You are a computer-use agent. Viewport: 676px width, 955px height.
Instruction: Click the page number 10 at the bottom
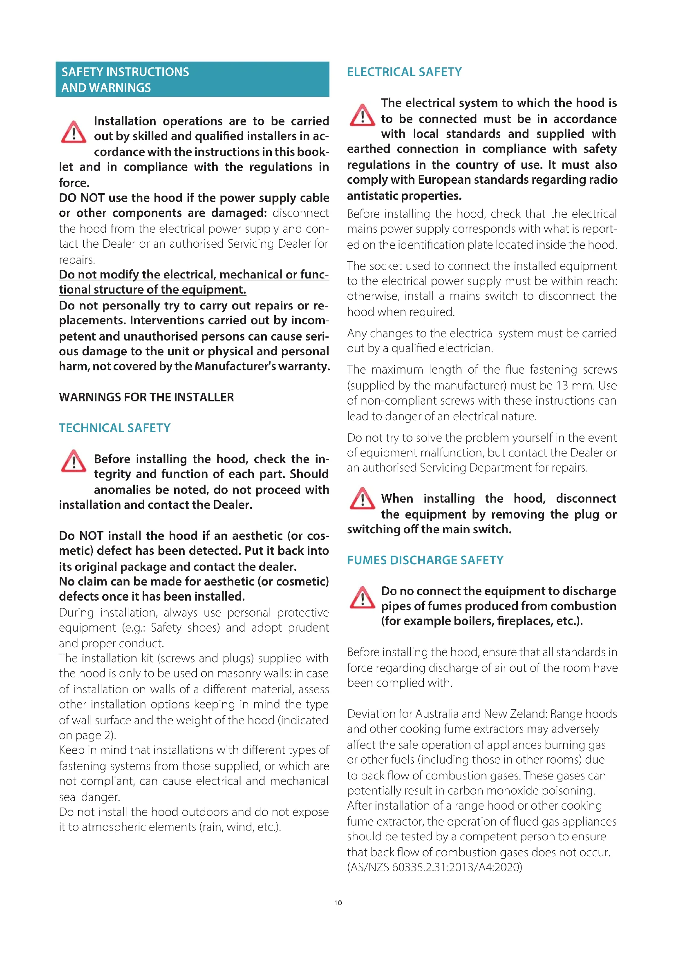point(338,903)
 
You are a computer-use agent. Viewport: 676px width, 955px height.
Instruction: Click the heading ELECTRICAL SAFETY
point(404,72)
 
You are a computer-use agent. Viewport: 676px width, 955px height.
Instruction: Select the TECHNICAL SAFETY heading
point(114,428)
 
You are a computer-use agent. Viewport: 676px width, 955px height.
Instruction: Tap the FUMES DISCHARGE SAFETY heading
point(425,560)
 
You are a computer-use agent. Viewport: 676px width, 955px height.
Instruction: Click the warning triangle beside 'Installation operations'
point(73,132)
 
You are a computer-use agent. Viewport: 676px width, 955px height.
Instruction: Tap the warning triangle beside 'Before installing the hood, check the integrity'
point(73,461)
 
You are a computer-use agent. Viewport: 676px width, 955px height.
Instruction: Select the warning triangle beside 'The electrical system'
point(362,115)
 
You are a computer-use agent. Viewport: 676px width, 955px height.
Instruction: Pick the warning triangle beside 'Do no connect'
point(362,597)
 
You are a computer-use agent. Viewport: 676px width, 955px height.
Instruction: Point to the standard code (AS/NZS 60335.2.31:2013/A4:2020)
point(434,867)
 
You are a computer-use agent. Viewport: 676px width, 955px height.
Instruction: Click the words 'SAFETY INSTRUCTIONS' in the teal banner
point(125,72)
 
